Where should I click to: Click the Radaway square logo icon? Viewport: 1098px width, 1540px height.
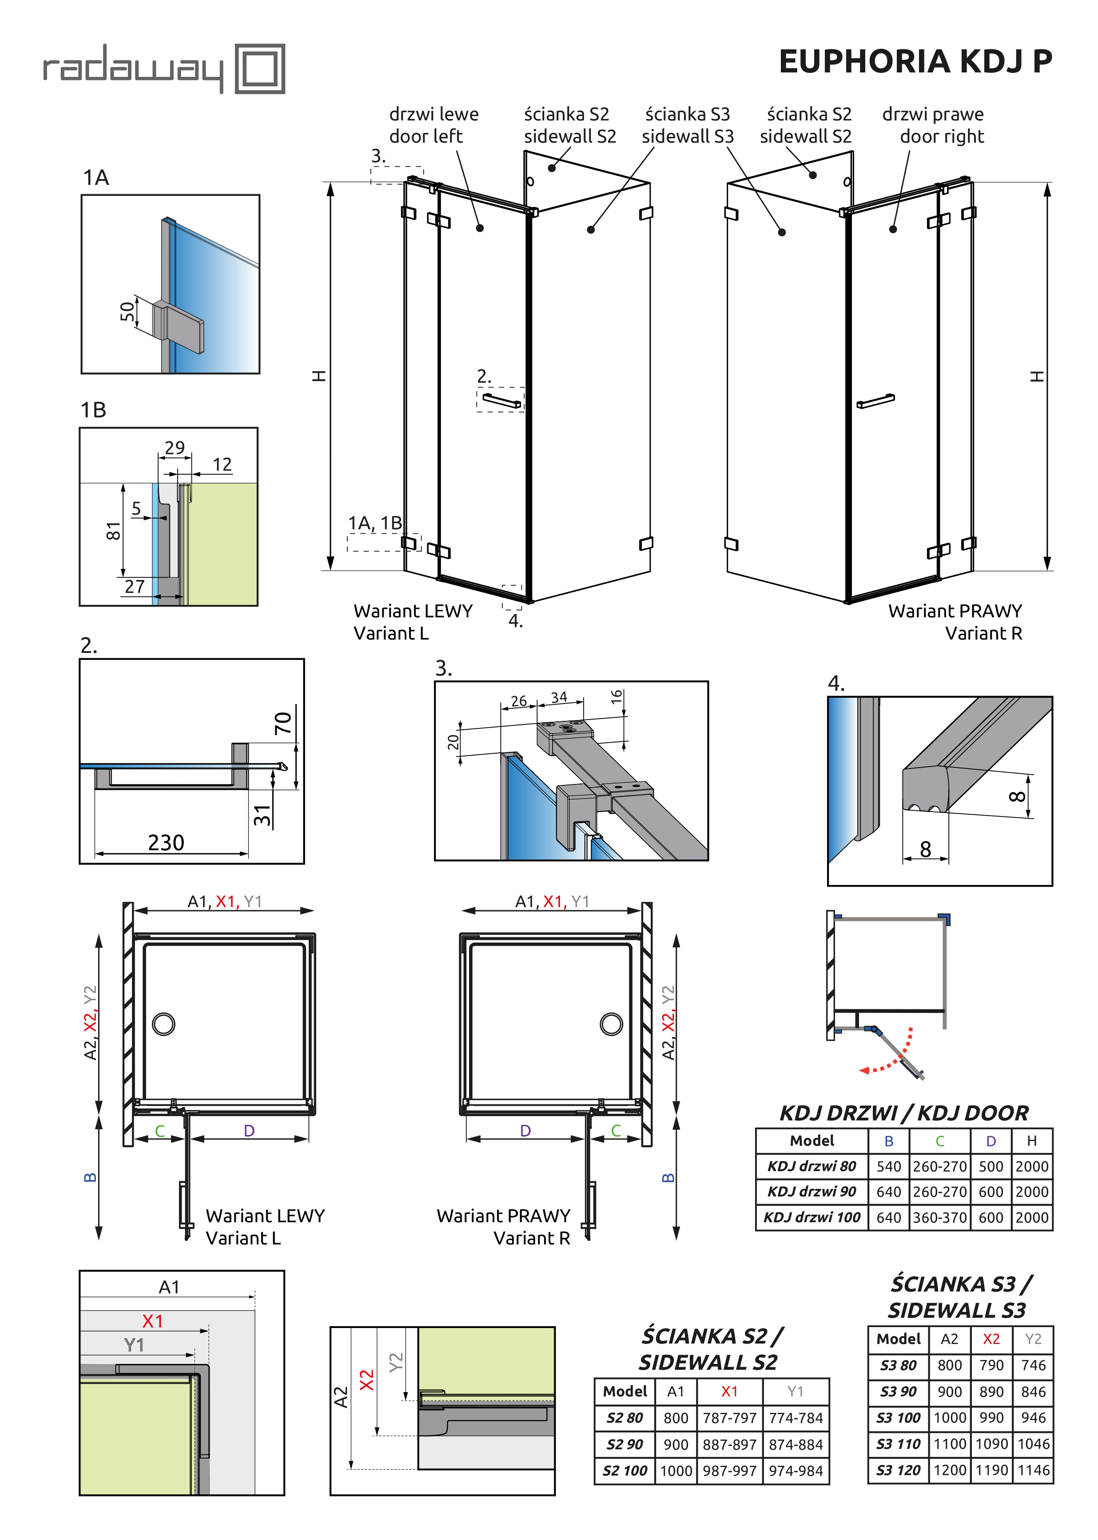point(260,68)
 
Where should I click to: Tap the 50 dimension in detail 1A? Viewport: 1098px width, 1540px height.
point(127,312)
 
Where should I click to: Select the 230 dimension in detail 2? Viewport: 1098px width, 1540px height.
point(166,843)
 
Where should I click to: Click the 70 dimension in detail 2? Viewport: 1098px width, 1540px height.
point(282,723)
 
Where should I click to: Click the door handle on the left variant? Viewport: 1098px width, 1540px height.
point(501,400)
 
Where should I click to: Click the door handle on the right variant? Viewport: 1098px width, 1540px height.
point(875,401)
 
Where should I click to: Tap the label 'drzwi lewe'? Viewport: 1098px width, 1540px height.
point(434,114)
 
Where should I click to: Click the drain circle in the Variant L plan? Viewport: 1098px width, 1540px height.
point(163,1024)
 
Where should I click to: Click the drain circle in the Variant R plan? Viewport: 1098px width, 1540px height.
point(611,1024)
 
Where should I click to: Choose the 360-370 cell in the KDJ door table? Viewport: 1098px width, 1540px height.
point(940,1217)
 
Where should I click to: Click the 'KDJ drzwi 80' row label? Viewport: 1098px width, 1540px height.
point(812,1166)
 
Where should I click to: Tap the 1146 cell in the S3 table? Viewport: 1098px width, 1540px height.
point(1033,1470)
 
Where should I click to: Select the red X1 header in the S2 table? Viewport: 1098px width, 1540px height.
point(729,1391)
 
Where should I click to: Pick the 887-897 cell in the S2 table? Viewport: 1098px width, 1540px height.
point(729,1444)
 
